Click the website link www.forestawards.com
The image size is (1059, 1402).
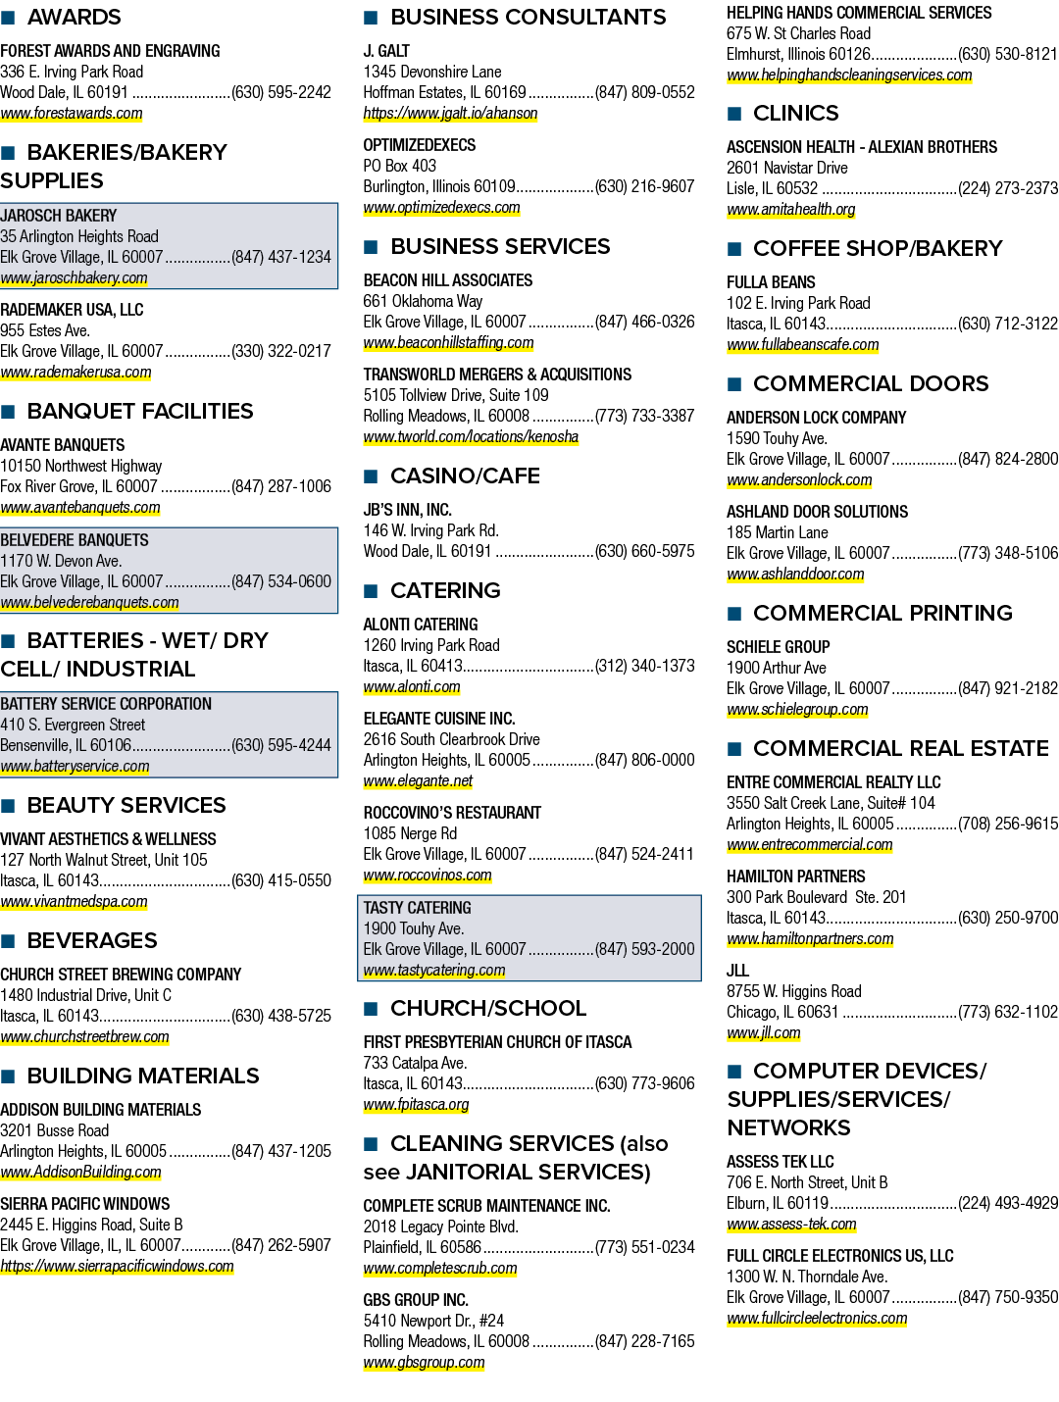71,114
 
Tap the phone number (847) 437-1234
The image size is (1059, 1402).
281,258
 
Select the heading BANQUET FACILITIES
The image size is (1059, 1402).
140,411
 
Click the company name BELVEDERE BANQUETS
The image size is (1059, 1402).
75,540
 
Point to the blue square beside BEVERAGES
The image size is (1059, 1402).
8,941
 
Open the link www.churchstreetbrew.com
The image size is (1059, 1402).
84,1036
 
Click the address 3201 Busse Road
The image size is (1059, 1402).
54,1130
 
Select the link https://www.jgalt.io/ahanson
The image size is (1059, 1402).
450,114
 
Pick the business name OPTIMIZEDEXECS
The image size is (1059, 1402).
420,145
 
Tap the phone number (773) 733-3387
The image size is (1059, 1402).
644,416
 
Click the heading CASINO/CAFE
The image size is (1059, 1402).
465,476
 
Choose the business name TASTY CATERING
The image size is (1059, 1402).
417,908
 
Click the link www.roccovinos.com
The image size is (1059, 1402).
428,876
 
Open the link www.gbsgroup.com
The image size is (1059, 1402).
425,1363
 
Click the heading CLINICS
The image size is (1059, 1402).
796,113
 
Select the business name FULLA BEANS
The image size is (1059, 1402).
771,282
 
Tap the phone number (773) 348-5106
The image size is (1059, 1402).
1008,553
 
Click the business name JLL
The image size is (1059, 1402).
737,971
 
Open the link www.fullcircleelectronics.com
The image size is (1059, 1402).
817,1319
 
